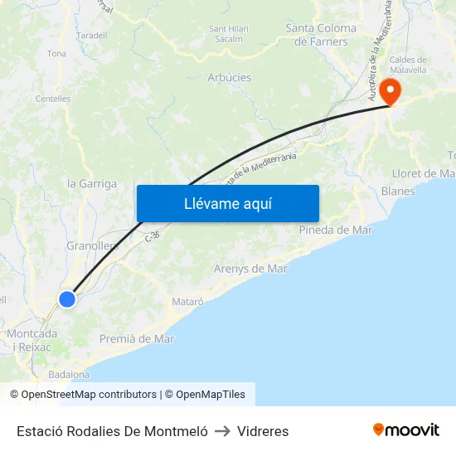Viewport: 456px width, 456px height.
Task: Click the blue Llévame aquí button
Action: (228, 203)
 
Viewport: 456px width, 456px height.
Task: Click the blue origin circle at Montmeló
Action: (67, 298)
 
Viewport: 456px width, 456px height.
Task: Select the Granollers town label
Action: (92, 245)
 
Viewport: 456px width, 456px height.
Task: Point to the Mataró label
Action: (187, 302)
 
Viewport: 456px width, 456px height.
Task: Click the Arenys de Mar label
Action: (250, 269)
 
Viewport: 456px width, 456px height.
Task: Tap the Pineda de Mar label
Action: (335, 230)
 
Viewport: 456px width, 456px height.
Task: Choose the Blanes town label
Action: (398, 191)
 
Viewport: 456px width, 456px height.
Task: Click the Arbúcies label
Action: (230, 78)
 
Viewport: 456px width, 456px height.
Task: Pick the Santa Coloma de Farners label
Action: (321, 34)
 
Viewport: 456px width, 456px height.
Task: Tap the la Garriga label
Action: (91, 184)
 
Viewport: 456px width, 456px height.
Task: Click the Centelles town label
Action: (53, 99)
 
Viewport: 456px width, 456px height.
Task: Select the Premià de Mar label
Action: (137, 338)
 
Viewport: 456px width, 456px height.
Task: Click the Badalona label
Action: (69, 375)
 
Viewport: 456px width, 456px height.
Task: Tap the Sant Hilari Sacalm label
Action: (229, 33)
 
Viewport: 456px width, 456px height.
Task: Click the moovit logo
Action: (406, 430)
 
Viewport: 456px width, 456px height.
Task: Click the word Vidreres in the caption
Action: (263, 431)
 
